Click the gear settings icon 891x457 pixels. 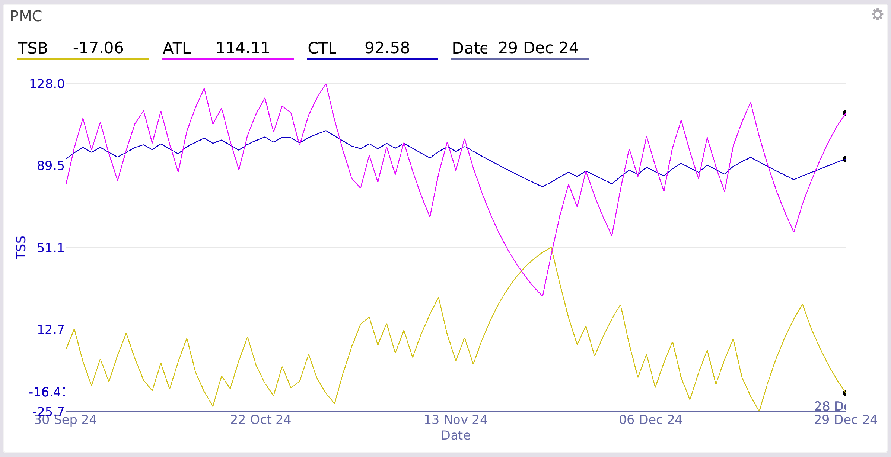[x=877, y=15]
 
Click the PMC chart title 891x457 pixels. [x=26, y=16]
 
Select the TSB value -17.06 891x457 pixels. [x=98, y=48]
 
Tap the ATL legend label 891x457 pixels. [x=177, y=48]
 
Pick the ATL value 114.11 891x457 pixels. [x=243, y=48]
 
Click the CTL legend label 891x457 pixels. [x=322, y=48]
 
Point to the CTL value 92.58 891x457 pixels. [x=387, y=48]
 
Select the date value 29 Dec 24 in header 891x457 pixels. [x=538, y=48]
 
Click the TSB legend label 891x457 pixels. [x=33, y=48]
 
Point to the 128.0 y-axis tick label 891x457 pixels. [x=47, y=84]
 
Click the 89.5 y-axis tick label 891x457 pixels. [x=51, y=166]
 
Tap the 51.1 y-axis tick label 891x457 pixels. [x=51, y=248]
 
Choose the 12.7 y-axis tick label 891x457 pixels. [x=51, y=329]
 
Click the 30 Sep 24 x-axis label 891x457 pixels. [x=66, y=420]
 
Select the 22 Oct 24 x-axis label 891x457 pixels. [x=261, y=420]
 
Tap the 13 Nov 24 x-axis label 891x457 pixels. [x=456, y=420]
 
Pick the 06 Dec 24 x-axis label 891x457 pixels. [x=650, y=420]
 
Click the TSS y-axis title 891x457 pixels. [x=21, y=247]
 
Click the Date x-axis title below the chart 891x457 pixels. [x=456, y=435]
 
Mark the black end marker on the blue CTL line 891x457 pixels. [x=845, y=159]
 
